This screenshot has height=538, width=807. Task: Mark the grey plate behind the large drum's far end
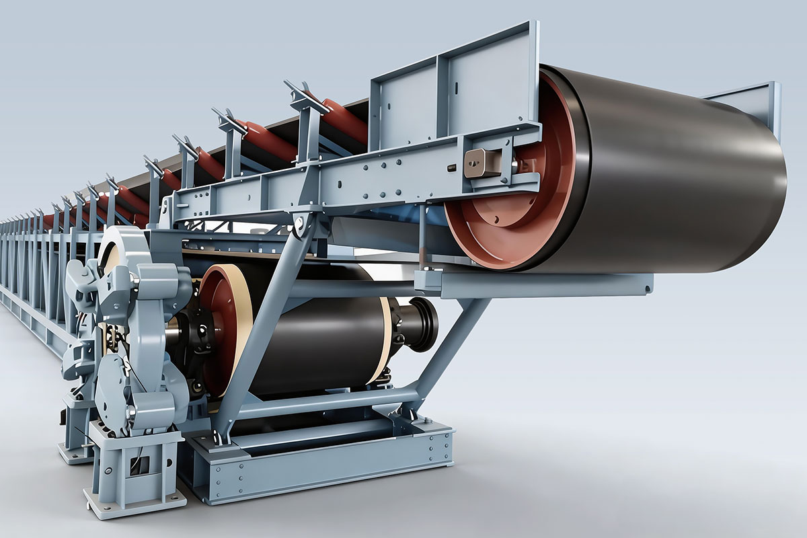click(x=753, y=101)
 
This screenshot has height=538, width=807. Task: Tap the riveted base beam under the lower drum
click(x=323, y=464)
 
